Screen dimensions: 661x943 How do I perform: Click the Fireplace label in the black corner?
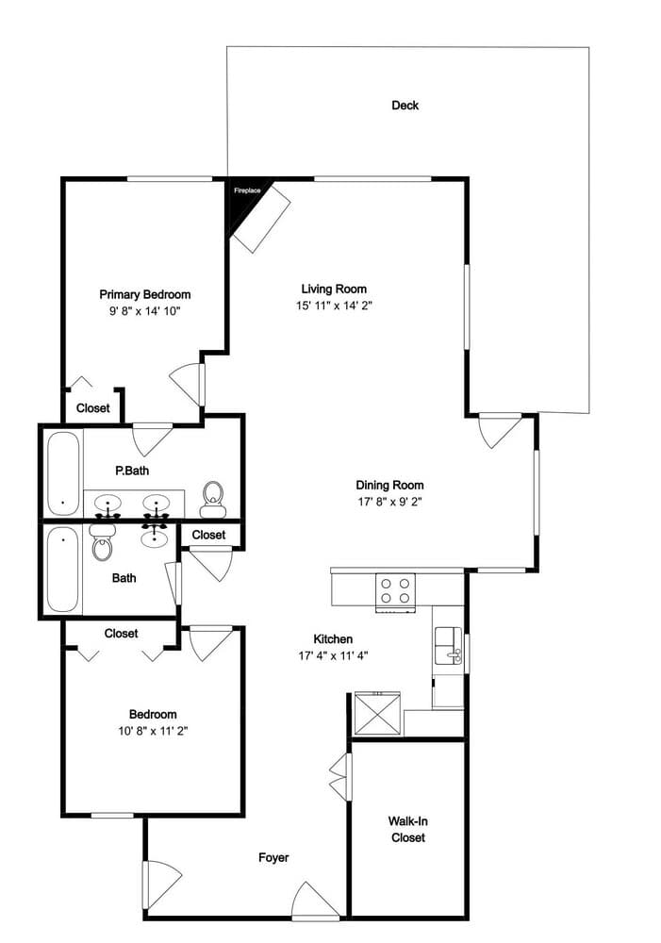coord(247,190)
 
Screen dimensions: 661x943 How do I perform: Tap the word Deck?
coord(405,106)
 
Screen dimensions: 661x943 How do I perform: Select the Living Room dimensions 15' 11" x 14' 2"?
coord(334,306)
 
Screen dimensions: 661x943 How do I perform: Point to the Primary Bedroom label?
coord(145,294)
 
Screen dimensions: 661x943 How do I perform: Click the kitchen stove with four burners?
coord(396,592)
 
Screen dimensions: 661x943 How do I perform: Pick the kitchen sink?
coord(449,645)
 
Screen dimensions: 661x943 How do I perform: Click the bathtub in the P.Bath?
coord(63,473)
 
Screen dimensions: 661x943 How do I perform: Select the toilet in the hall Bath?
coord(102,542)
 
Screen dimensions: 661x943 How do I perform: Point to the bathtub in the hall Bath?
coord(63,569)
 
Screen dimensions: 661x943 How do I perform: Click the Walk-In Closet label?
coord(407,829)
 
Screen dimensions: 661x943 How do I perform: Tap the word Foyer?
coord(273,857)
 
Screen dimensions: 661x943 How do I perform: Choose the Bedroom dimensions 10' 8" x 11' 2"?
coord(154,732)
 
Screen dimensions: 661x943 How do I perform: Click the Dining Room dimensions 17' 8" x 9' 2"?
coord(389,503)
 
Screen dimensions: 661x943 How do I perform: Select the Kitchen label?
coord(333,639)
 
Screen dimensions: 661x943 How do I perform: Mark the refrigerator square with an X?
coord(378,713)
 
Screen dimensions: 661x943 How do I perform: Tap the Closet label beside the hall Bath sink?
coord(208,535)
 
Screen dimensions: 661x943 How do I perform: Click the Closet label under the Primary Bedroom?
coord(93,408)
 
